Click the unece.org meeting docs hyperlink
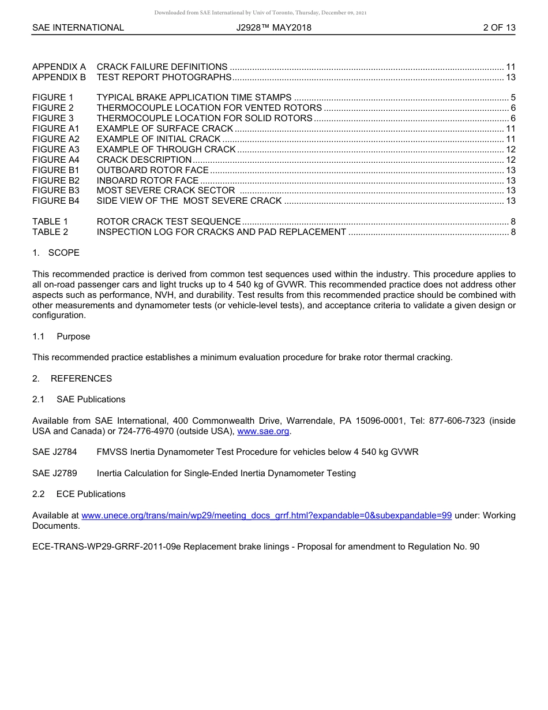click(x=267, y=515)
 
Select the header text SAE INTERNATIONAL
click(x=78, y=28)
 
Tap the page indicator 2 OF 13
click(x=499, y=28)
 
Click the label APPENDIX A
click(x=59, y=67)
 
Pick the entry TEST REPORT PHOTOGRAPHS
click(x=164, y=77)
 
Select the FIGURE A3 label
click(x=55, y=150)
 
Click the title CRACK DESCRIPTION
click(x=144, y=160)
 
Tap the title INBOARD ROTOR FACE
click(x=147, y=181)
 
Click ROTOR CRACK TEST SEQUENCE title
click(x=168, y=222)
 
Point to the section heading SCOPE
click(x=64, y=253)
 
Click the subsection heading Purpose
click(x=73, y=337)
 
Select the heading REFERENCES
click(x=81, y=379)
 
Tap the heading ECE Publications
click(x=91, y=494)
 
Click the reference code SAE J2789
click(x=55, y=473)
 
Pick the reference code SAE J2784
click(x=55, y=452)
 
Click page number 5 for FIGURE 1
click(x=513, y=98)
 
